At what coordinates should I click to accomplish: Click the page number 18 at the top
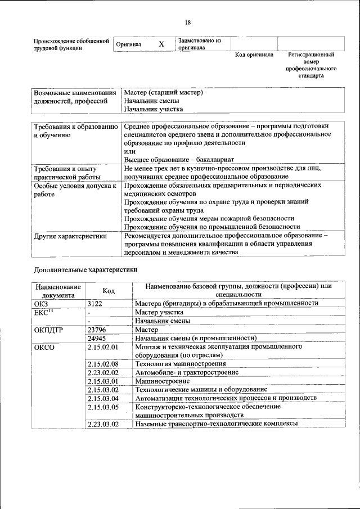tap(188, 22)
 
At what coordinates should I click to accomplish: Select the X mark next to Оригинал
tap(161, 44)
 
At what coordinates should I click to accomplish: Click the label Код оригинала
tap(254, 55)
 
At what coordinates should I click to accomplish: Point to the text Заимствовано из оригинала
tap(200, 44)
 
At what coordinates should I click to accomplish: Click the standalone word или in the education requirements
tap(129, 152)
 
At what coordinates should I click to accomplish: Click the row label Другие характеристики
tap(70, 236)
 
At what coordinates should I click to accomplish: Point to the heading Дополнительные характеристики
tap(85, 269)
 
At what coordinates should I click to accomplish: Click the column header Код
tap(109, 290)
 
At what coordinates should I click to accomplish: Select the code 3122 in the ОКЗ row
tap(96, 303)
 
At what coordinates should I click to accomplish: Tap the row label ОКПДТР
tap(52, 330)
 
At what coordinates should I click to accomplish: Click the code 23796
tap(97, 330)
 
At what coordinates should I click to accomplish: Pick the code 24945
tap(97, 338)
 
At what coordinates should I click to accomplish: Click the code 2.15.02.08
tap(103, 364)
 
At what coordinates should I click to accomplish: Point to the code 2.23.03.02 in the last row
tap(103, 424)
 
